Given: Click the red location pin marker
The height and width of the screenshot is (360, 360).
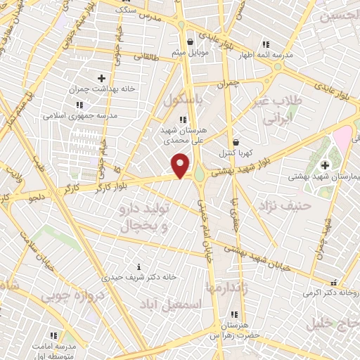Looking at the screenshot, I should tap(181, 165).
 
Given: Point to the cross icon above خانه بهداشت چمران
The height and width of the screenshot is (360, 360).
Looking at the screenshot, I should tap(102, 78).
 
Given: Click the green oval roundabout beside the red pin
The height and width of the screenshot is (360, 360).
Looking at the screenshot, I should tap(199, 172).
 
